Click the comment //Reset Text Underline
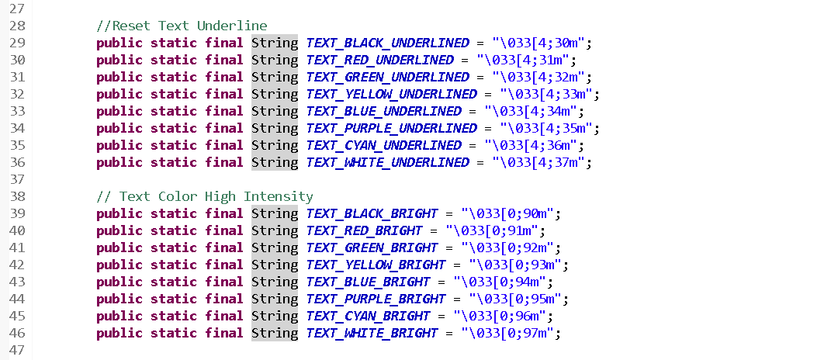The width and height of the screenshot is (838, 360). (x=182, y=26)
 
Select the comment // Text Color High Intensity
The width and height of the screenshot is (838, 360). (x=205, y=196)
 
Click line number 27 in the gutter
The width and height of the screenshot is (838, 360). (x=17, y=9)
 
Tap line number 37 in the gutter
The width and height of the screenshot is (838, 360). (x=17, y=179)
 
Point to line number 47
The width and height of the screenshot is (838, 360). (x=17, y=350)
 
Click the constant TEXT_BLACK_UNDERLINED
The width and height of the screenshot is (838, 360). (x=387, y=43)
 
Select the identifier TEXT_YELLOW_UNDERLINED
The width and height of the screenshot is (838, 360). (x=391, y=94)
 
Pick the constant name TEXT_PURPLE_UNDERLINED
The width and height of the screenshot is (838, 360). (x=391, y=128)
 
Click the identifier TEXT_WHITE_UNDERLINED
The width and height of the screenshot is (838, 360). (x=387, y=162)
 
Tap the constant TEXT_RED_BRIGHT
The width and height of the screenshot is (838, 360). (x=364, y=230)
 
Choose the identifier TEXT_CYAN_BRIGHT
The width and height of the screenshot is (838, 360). (x=368, y=316)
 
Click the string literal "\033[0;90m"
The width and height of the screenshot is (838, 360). (x=511, y=213)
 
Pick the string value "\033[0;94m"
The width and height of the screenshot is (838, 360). (x=503, y=282)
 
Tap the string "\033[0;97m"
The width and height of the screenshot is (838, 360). (x=511, y=333)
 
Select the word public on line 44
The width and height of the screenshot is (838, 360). (x=119, y=299)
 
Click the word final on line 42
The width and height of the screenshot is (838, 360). (x=224, y=265)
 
